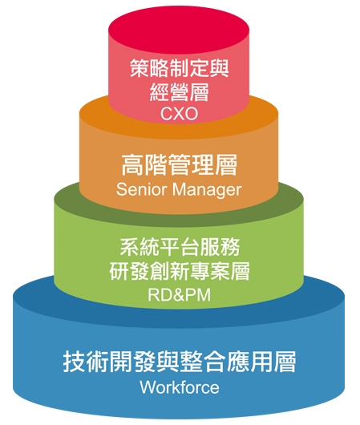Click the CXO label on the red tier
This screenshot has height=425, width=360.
(x=179, y=114)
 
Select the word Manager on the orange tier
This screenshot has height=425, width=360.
(x=207, y=190)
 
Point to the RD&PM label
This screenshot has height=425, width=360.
(x=179, y=294)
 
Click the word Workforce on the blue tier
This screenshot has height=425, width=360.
(x=180, y=387)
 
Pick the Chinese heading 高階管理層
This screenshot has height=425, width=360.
(x=179, y=165)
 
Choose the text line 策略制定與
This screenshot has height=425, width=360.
(x=180, y=68)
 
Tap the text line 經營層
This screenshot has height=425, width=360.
(x=179, y=92)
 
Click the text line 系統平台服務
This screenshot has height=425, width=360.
(x=180, y=247)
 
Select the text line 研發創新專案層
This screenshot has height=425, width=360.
(x=180, y=271)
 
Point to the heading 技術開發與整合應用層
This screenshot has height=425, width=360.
(x=180, y=362)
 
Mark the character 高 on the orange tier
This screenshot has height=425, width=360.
(x=132, y=165)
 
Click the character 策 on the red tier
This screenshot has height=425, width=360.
(x=140, y=68)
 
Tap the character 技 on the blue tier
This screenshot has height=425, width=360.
(x=75, y=362)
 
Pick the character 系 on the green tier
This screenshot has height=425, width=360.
(x=129, y=247)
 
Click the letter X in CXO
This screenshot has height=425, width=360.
(x=179, y=114)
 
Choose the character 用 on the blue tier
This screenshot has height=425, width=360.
(x=261, y=362)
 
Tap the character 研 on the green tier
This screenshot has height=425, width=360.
(x=119, y=271)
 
